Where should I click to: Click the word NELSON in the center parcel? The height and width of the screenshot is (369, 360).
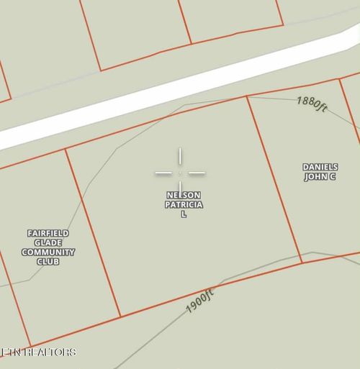tap(184, 196)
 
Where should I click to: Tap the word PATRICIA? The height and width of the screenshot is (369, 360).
tap(184, 205)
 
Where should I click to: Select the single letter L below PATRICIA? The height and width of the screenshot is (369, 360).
tap(184, 214)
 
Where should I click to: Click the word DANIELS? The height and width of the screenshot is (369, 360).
tap(320, 168)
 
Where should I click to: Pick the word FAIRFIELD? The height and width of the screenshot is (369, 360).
tap(48, 234)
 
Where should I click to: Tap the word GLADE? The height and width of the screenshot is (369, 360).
tap(48, 243)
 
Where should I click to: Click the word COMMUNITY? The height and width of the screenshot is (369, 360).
tap(48, 252)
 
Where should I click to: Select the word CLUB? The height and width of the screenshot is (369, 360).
tap(48, 262)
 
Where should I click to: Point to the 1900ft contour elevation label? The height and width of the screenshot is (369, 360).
tap(200, 301)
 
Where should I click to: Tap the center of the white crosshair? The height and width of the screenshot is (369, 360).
tap(180, 173)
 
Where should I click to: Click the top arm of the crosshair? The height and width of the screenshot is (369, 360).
tap(180, 157)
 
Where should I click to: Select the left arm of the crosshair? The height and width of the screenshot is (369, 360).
tap(163, 173)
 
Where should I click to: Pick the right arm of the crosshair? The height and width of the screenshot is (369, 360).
tap(197, 173)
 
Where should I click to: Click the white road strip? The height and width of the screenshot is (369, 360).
tap(180, 85)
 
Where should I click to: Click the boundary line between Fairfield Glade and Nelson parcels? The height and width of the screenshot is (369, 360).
tap(92, 230)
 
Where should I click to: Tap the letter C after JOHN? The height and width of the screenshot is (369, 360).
tap(333, 177)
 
